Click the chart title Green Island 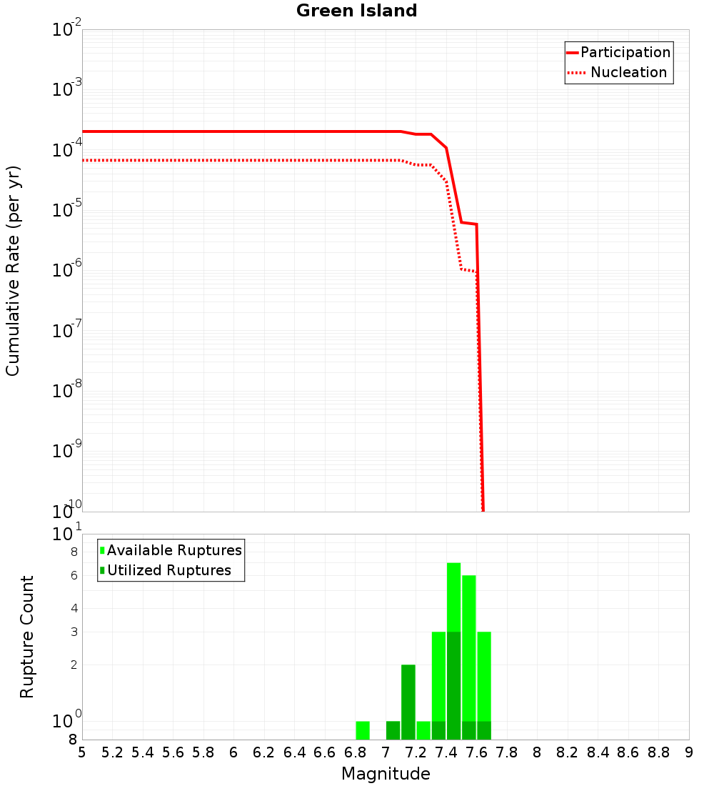tap(356, 11)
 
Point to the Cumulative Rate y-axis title tap(13, 270)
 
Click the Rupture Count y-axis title tap(27, 637)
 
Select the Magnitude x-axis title tap(386, 774)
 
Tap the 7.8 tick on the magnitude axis tap(507, 752)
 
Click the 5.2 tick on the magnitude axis tap(113, 752)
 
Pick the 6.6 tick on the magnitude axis tap(325, 752)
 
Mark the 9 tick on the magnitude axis tap(688, 752)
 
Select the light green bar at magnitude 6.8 tap(363, 730)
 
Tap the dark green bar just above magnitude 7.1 tap(408, 702)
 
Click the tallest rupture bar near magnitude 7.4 tap(453, 650)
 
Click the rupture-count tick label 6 tap(74, 575)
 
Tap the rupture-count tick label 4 tap(74, 608)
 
